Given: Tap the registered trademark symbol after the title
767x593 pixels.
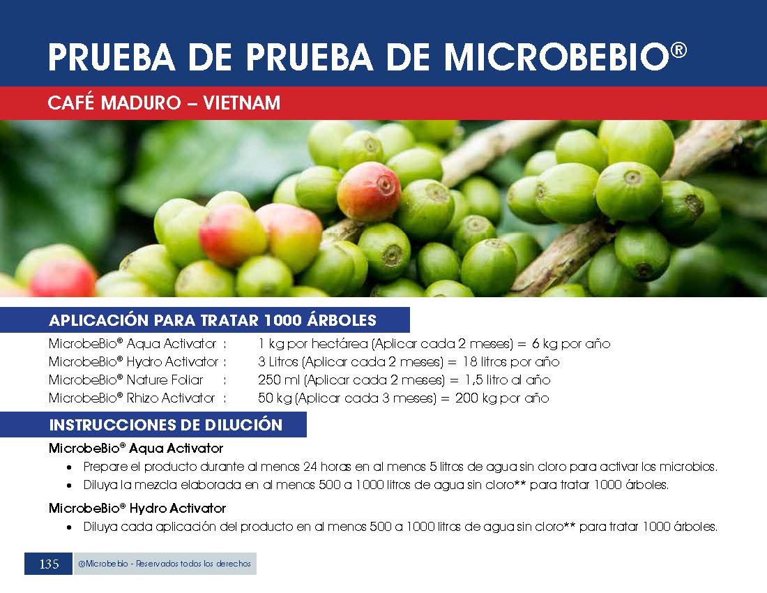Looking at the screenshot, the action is coord(679,50).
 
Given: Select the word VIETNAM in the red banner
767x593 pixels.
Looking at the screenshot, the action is coord(242,103).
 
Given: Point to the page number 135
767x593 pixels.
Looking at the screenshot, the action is coord(49,564).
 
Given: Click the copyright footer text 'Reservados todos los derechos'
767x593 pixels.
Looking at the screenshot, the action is coord(193,564).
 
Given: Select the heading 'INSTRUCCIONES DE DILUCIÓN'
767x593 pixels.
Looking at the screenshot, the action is coord(166,425).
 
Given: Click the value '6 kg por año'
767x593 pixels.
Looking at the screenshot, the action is coord(571,344).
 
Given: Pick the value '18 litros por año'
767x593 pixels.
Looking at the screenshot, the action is coord(510,362).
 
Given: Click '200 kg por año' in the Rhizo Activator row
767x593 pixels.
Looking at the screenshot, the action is coord(502,398).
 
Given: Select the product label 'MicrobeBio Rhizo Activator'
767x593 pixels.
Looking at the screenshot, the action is coord(132,398).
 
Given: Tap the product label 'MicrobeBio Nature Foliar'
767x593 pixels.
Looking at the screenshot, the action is coord(126,380).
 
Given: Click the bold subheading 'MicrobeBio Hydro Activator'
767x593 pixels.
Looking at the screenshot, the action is coord(137,509).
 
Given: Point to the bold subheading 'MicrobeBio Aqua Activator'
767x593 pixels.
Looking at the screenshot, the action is coord(136,448).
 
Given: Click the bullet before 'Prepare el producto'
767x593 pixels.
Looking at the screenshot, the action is coord(70,467).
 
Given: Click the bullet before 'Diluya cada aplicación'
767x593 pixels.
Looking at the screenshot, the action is coord(70,528).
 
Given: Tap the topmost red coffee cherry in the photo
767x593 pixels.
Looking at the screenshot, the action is coord(369,191).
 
